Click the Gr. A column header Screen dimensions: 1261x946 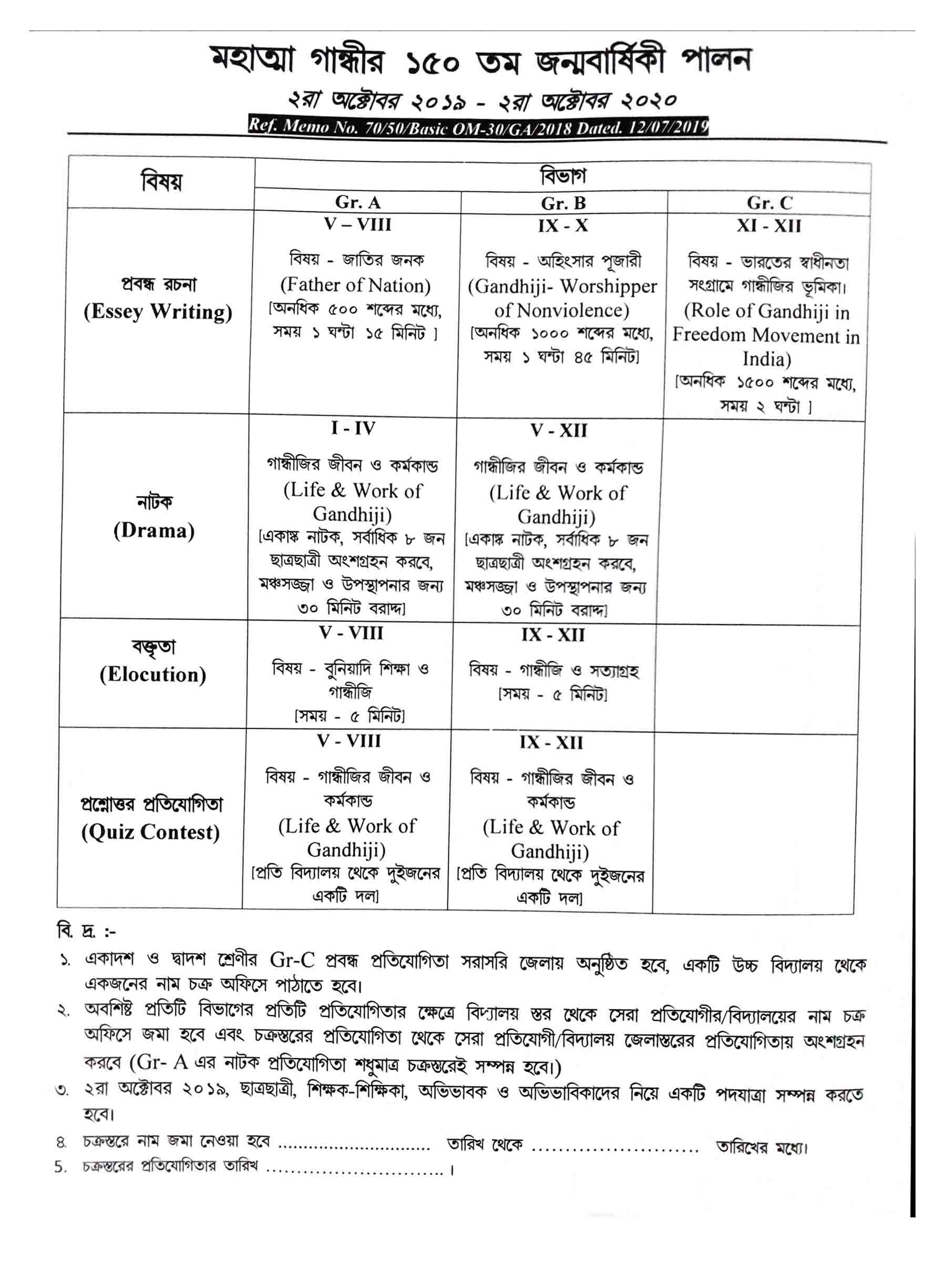pos(357,202)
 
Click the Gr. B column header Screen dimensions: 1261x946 pos(563,203)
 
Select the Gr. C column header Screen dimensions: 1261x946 pos(769,203)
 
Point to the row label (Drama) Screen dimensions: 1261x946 pos(154,531)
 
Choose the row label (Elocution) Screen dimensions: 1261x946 pos(153,675)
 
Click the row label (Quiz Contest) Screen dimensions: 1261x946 pos(150,832)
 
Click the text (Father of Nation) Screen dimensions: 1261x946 pos(355,284)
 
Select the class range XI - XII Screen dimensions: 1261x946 pos(769,226)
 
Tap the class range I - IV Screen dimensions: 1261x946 pos(353,428)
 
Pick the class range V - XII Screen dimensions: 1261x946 pos(558,430)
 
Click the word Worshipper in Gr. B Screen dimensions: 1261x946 pos(609,286)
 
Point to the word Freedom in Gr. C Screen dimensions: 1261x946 pos(711,336)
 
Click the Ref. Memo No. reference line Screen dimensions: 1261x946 pos(478,126)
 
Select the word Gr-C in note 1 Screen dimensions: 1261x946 pos(293,960)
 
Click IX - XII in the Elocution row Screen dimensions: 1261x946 pos(552,635)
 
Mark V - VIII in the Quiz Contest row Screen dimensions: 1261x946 pos(348,741)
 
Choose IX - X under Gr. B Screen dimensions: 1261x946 pos(562,226)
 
